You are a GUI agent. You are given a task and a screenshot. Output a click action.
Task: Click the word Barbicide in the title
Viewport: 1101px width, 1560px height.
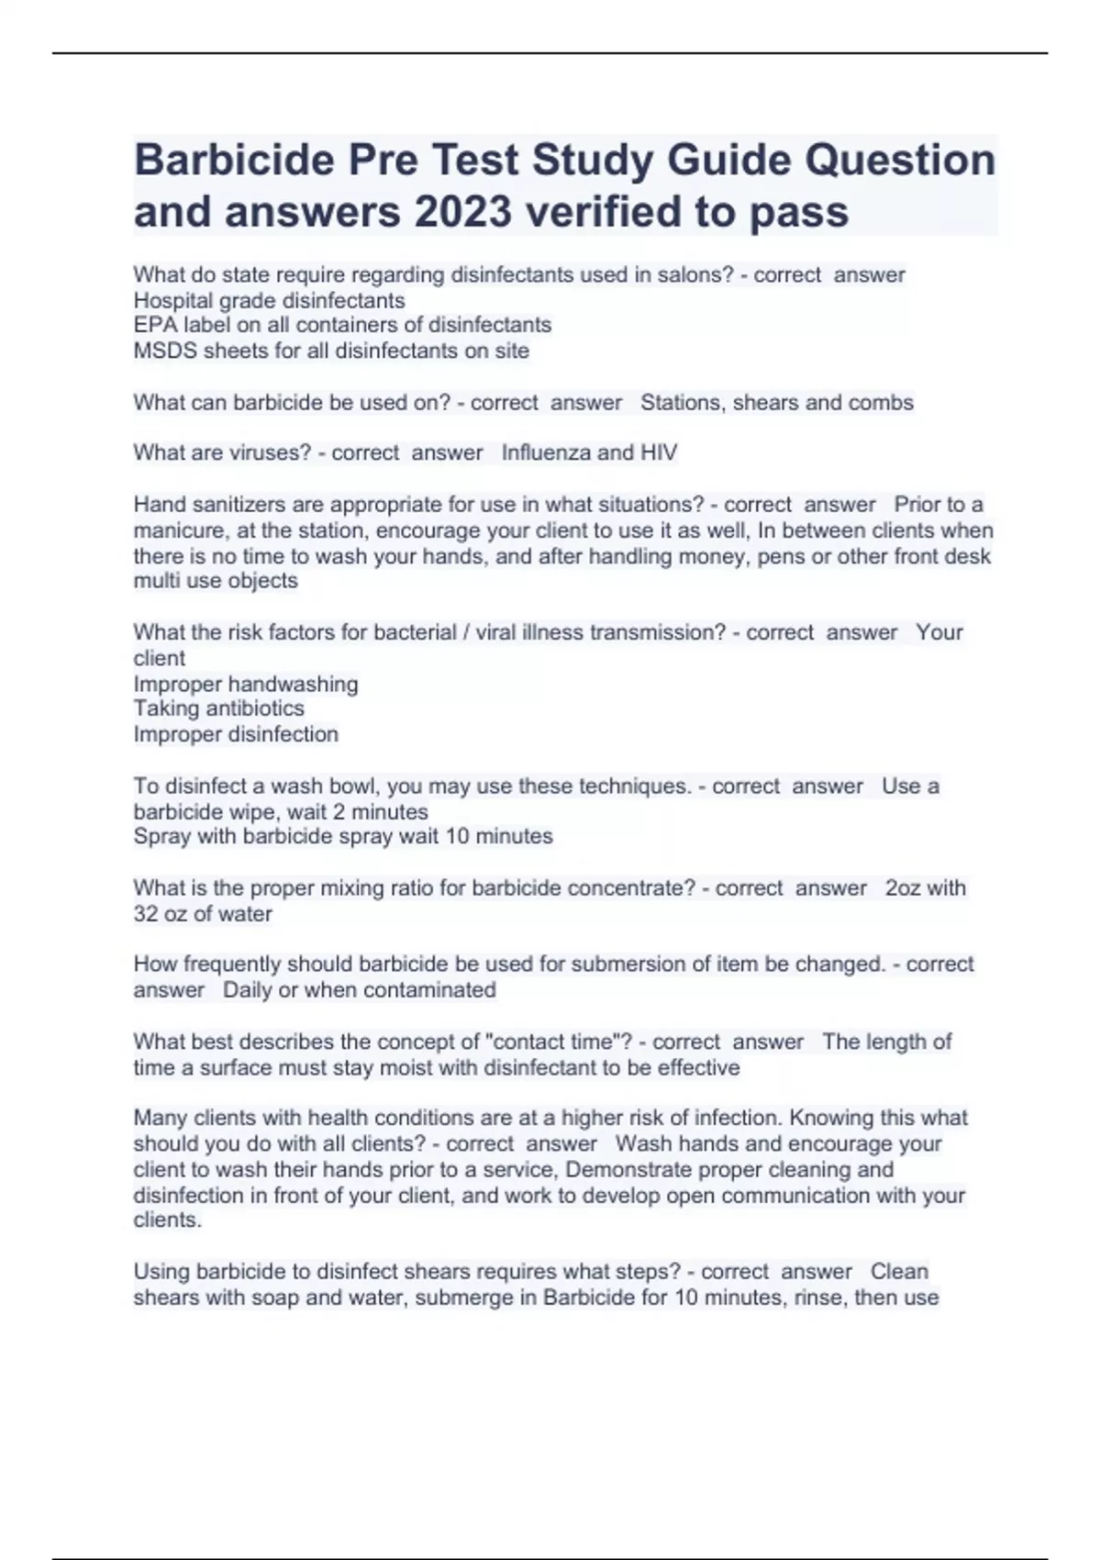[x=234, y=160]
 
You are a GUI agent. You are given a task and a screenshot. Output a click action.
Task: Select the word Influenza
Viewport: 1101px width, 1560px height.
[x=547, y=452]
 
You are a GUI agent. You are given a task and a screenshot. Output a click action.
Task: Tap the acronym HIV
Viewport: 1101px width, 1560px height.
[x=658, y=452]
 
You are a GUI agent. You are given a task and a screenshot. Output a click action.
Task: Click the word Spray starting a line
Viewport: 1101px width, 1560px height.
[x=162, y=836]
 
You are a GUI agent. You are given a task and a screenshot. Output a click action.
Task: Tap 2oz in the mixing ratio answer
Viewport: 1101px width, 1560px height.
[x=903, y=888]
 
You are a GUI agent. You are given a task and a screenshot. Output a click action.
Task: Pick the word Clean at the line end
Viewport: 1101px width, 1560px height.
[x=899, y=1272]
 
